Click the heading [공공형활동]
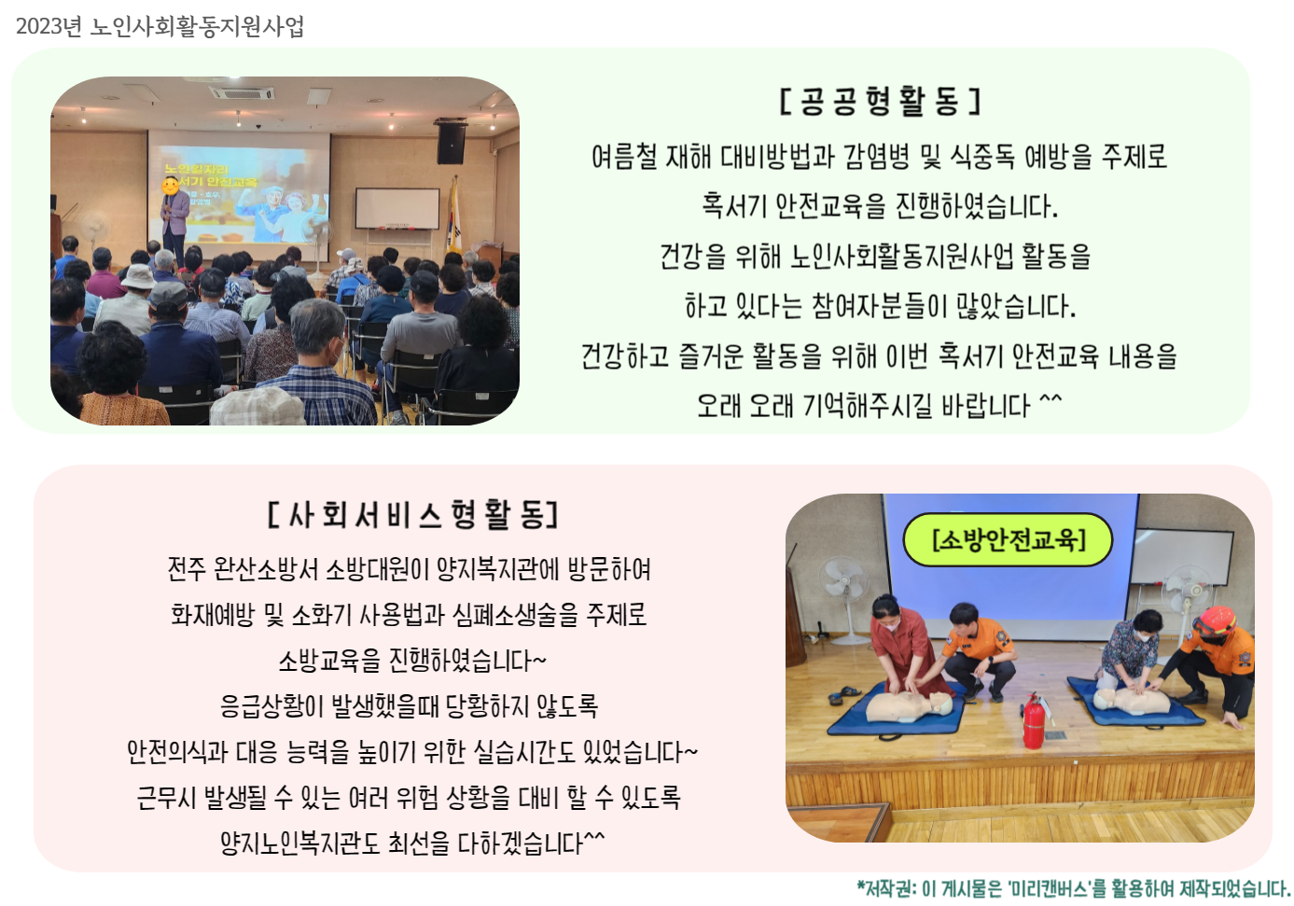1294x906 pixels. click(x=879, y=102)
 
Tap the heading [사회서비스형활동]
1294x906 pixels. click(x=412, y=514)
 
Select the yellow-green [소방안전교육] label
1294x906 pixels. click(x=1008, y=539)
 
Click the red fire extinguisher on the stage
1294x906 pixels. click(x=1034, y=720)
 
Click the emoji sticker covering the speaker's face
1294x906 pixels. click(x=171, y=186)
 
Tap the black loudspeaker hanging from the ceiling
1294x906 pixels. click(x=451, y=141)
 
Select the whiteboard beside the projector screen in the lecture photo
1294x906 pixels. click(x=397, y=208)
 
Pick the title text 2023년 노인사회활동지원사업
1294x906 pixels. click(x=160, y=26)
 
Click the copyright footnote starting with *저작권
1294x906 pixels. click(x=1073, y=887)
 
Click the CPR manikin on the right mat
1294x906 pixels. click(x=1131, y=702)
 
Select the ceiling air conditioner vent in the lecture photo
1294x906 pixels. click(x=242, y=92)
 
